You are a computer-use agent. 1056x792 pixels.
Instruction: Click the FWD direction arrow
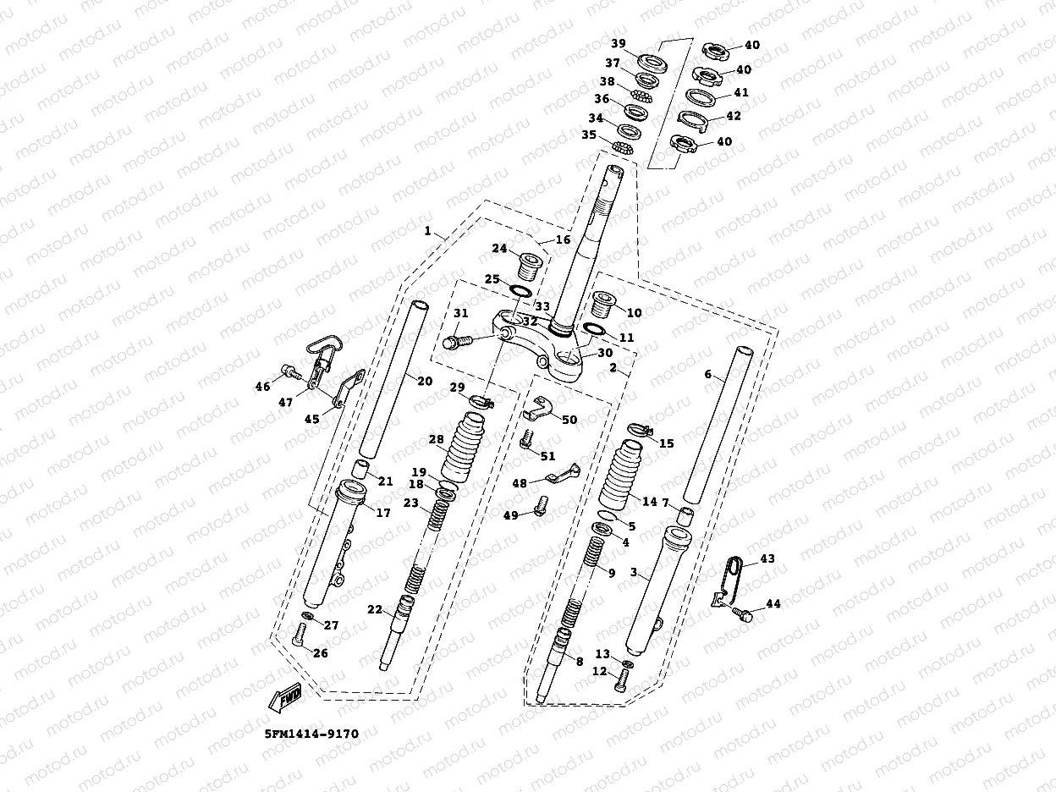click(286, 696)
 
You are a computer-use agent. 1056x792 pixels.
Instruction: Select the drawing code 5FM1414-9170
click(311, 734)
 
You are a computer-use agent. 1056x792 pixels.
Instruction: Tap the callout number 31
click(461, 313)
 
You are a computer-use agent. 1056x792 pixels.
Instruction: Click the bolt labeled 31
click(458, 342)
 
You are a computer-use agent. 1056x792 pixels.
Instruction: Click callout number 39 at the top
click(619, 43)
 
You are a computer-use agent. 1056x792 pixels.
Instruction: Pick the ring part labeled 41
click(700, 96)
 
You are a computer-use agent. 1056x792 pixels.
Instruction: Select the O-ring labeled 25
click(520, 291)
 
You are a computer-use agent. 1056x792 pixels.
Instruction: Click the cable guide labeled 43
click(728, 581)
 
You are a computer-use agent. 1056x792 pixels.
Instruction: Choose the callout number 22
click(375, 609)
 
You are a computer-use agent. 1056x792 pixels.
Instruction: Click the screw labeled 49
click(542, 505)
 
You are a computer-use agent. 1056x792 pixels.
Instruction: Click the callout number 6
click(707, 374)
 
